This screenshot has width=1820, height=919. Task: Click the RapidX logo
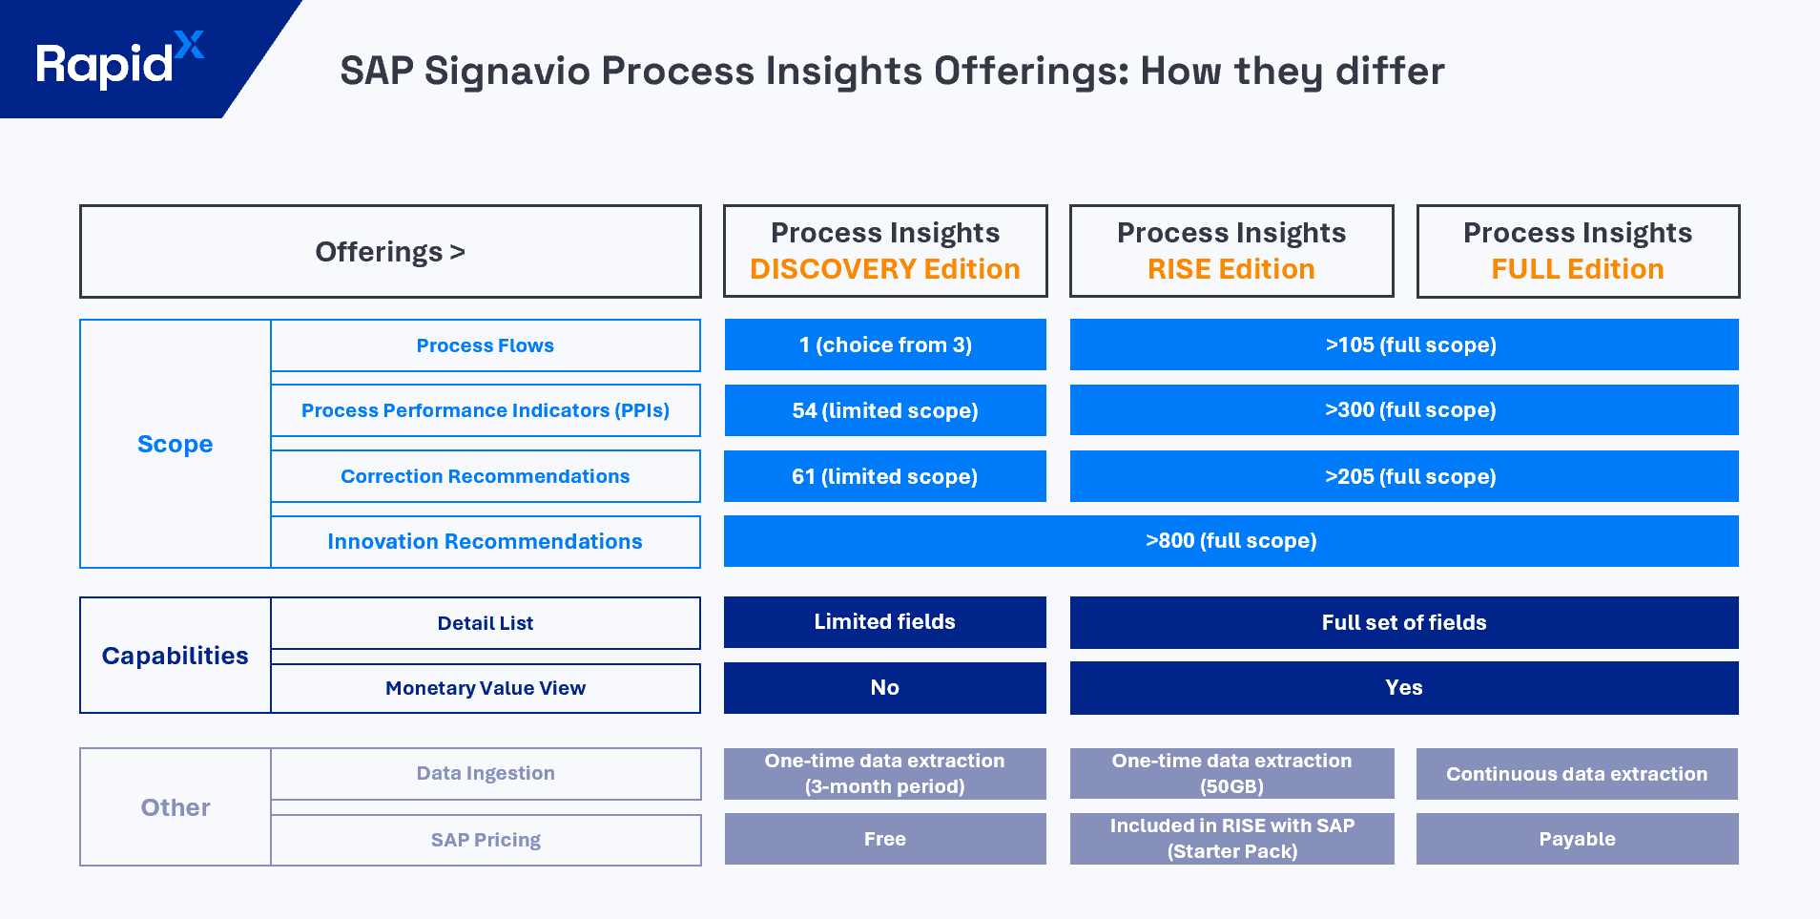click(119, 61)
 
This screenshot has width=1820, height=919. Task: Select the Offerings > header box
click(390, 252)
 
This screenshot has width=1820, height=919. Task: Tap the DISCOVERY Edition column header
click(884, 252)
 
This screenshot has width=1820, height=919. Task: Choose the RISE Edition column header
click(1231, 252)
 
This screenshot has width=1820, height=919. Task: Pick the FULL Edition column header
click(1577, 252)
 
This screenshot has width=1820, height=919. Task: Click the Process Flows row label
click(485, 345)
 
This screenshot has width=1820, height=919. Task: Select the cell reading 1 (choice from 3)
click(884, 345)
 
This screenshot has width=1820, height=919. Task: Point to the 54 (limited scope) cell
click(884, 410)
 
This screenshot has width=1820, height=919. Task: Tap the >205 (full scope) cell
click(1403, 476)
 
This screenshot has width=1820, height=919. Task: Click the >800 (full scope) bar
click(1231, 541)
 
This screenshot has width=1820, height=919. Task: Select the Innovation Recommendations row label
click(485, 542)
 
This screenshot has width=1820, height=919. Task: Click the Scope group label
click(176, 444)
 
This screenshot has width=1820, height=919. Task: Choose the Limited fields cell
click(884, 622)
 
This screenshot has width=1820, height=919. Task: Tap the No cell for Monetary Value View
click(884, 688)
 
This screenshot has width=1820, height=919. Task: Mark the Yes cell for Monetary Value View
click(1403, 688)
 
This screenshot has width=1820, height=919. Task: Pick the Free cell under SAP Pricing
click(884, 839)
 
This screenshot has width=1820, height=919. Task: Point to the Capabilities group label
click(176, 656)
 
